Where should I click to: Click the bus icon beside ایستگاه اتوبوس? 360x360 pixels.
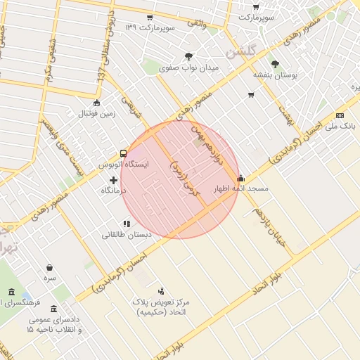[x=124, y=153]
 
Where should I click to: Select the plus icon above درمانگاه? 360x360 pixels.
[x=114, y=181]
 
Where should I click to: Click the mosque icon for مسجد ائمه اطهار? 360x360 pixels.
[x=241, y=179]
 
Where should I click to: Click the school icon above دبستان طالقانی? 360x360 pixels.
[x=127, y=224]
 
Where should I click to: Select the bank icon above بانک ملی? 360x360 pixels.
[x=340, y=115]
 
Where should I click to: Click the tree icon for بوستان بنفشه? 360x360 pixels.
[x=275, y=64]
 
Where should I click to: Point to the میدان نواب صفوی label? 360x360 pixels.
[x=189, y=68]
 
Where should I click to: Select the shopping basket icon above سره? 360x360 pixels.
[x=49, y=268]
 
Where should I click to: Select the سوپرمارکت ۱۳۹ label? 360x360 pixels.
[x=149, y=27]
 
